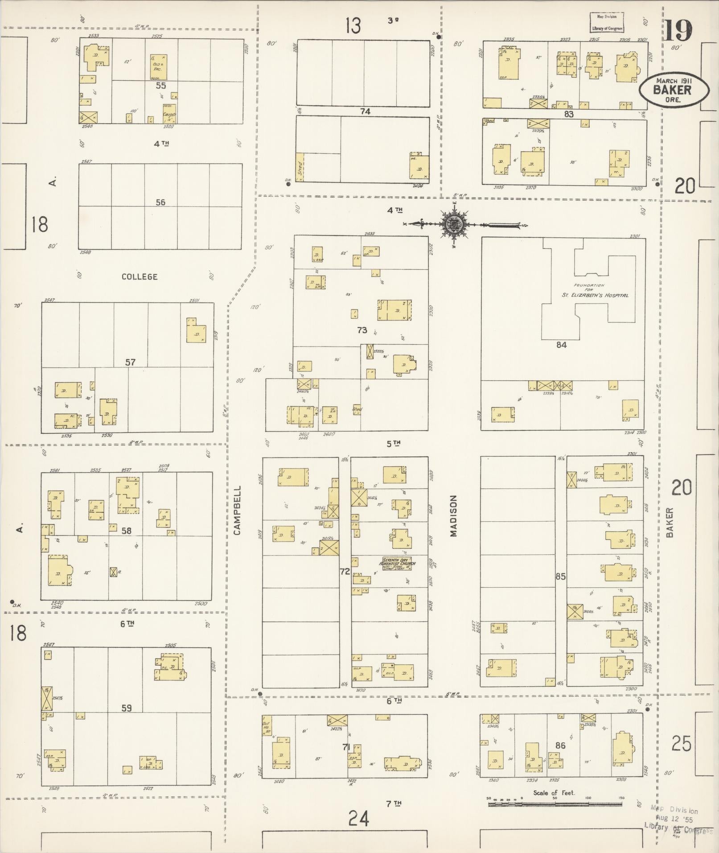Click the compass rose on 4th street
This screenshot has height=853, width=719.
click(454, 224)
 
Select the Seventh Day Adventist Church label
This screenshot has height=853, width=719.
click(397, 563)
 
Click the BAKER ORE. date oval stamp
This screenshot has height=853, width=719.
click(673, 90)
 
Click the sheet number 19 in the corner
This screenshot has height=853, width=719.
click(678, 30)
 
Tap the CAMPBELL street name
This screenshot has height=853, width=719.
click(237, 510)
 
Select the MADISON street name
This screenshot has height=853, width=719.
click(453, 515)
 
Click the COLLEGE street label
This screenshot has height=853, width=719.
click(140, 276)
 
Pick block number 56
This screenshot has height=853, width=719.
click(160, 202)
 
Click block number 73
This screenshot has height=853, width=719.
click(362, 330)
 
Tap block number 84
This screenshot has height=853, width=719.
click(561, 345)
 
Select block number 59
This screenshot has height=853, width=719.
click(127, 708)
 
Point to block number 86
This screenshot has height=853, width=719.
click(560, 745)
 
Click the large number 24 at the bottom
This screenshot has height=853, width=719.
click(359, 819)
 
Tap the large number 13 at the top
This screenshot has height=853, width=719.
click(353, 26)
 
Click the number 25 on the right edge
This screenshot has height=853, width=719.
click(681, 744)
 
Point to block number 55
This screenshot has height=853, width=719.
click(160, 85)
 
